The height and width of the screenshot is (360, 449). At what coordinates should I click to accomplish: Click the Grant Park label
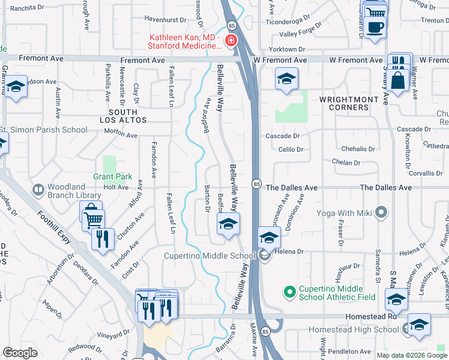coord(112,177)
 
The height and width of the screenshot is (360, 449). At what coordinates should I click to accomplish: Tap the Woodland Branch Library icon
coord(38,190)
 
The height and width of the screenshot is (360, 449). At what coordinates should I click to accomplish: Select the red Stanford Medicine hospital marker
coord(231,41)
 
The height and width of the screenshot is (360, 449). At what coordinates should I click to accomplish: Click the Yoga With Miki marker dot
coord(379,212)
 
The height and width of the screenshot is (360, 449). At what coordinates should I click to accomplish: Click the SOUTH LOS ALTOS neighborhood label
coord(127,116)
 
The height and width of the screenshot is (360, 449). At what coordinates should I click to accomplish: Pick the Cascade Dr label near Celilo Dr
coord(285,136)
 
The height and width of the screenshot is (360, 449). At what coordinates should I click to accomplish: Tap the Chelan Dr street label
coord(346,162)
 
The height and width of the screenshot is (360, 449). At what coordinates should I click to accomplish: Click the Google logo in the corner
coord(20,353)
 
